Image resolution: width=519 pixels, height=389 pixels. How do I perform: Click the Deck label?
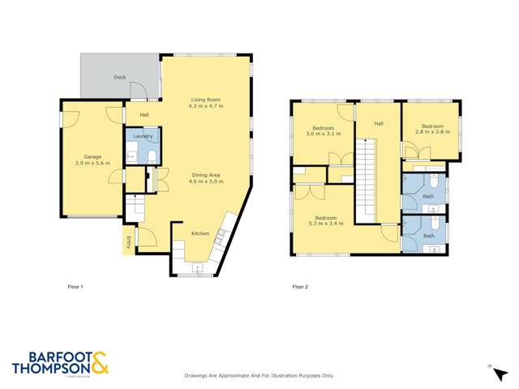[x=119, y=77]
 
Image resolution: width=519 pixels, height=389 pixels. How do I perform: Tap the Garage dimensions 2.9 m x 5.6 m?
[x=92, y=165]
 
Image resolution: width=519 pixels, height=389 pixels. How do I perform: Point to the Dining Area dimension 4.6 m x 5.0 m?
[x=206, y=182]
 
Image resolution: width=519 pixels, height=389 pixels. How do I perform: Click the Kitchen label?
[x=200, y=233]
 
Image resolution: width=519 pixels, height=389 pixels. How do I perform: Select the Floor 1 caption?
[x=75, y=287]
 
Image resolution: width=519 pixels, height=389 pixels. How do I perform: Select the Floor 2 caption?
[x=301, y=287]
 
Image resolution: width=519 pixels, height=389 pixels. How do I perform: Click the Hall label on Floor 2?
[x=378, y=123]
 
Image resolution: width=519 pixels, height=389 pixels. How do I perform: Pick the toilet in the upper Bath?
[x=433, y=183]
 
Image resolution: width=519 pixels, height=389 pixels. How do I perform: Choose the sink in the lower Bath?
[x=433, y=250]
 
